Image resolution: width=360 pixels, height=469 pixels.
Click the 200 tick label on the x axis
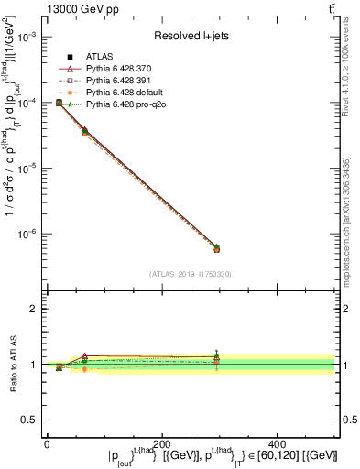coord(162,442)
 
